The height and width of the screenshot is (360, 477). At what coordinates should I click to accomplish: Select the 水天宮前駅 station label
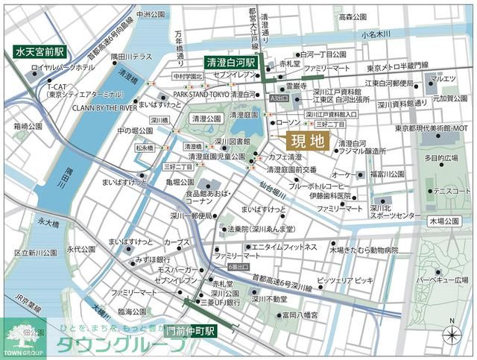(40, 53)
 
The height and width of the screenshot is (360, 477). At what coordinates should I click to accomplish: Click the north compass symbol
(451, 334)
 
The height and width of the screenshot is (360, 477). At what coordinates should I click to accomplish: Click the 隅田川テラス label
(131, 57)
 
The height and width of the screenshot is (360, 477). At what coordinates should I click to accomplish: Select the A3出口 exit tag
(279, 98)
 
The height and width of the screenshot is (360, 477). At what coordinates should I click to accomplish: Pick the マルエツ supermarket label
(443, 77)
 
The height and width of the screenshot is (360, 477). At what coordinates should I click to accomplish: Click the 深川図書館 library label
(232, 140)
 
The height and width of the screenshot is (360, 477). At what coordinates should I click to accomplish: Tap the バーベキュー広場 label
(441, 280)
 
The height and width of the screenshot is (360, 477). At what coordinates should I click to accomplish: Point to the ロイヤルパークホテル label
(63, 68)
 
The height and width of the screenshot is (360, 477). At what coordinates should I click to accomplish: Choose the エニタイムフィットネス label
(284, 247)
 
